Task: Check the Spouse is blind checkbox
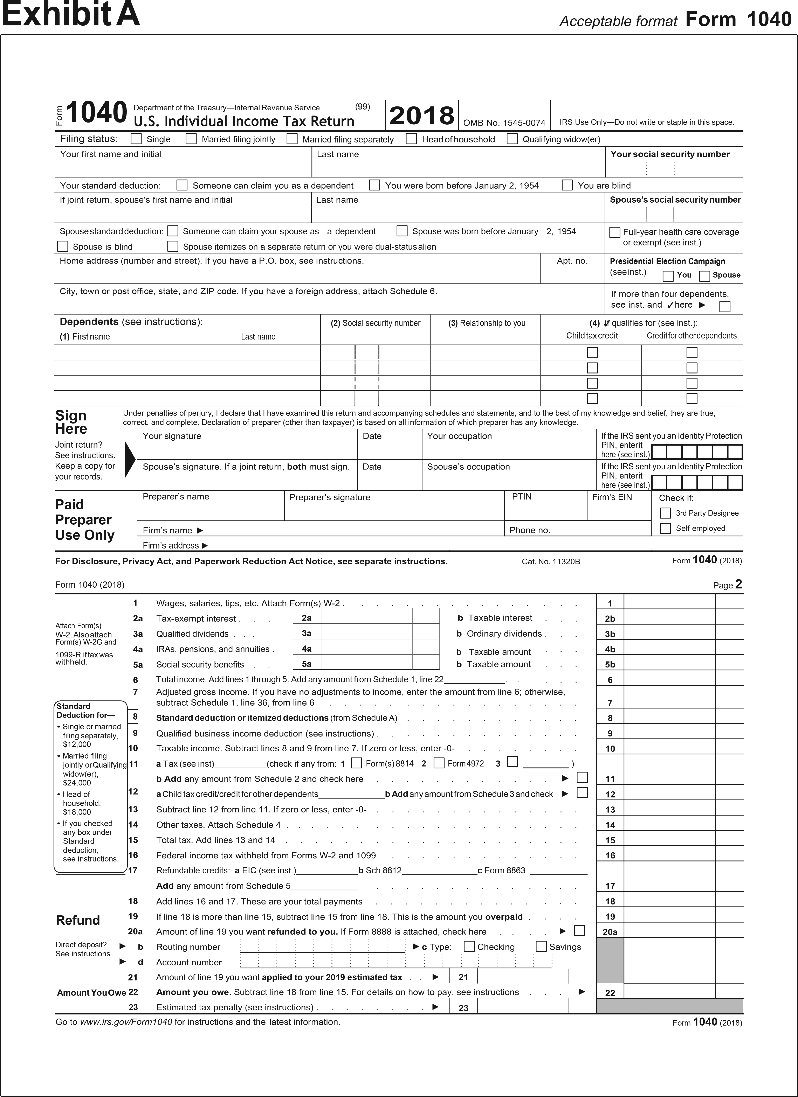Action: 63,246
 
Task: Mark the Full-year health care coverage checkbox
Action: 615,232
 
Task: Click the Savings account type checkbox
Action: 541,946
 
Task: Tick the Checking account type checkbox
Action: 469,946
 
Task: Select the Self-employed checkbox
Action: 666,528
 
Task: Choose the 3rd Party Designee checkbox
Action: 666,513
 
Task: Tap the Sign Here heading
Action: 71,422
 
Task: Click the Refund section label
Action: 78,920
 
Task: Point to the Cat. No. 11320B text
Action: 551,561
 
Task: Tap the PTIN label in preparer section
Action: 522,497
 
